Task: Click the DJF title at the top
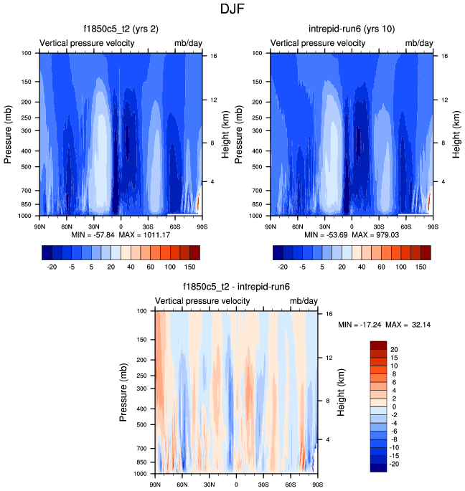coord(232,10)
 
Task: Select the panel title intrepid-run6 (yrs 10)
coord(352,29)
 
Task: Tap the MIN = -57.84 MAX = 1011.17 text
coord(120,234)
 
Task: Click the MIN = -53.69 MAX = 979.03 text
coord(352,234)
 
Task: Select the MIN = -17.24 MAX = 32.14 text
coord(384,325)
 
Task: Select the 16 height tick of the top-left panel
coord(215,55)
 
